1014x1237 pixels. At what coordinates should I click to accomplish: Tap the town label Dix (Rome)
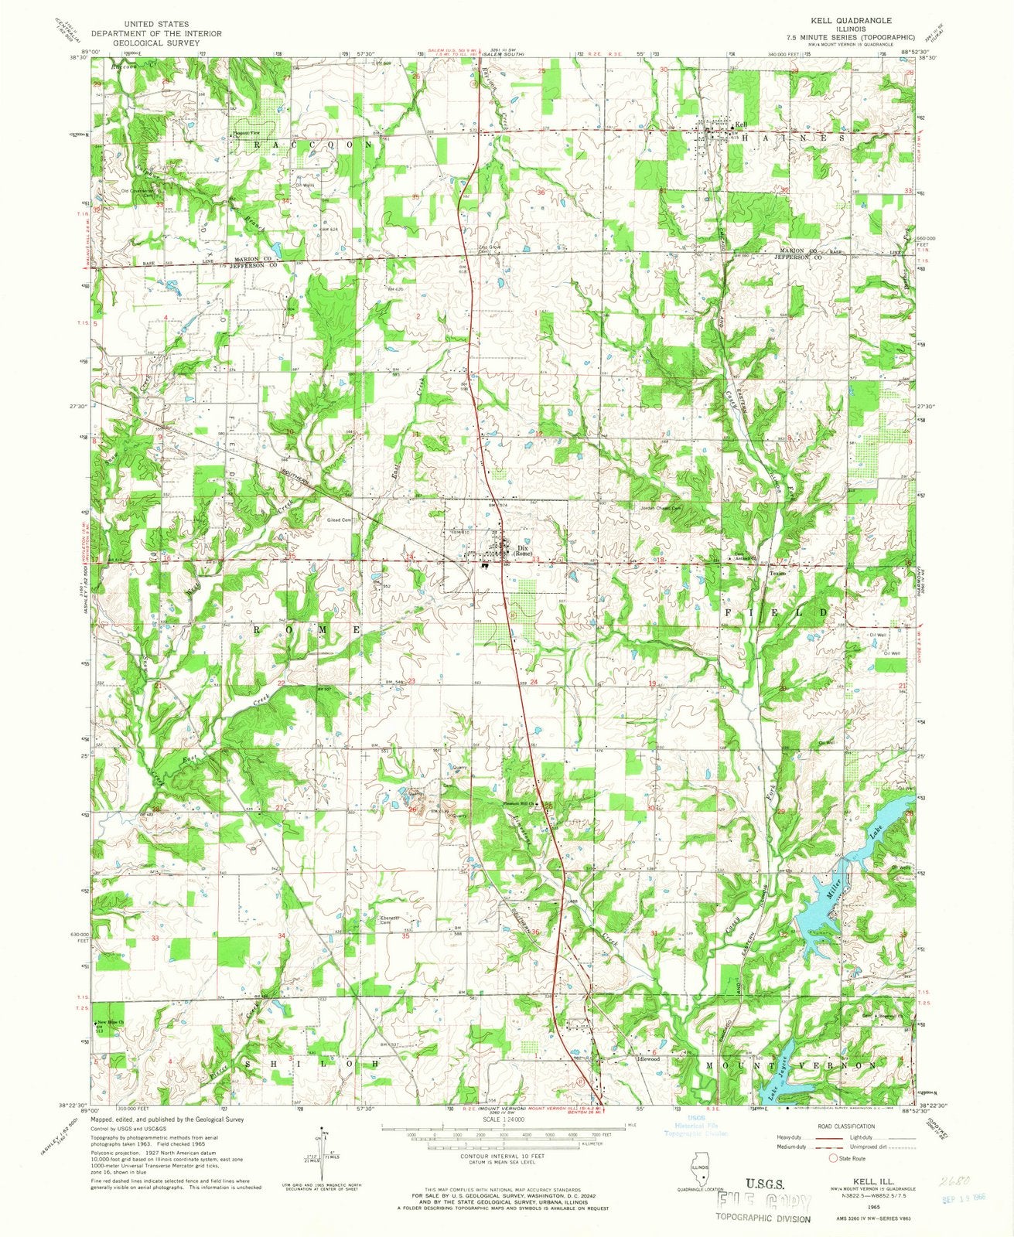click(522, 551)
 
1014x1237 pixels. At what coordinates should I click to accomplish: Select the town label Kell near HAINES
click(742, 125)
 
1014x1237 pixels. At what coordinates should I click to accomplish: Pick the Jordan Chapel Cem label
click(664, 509)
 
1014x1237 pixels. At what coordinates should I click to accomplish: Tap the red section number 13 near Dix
click(534, 561)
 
